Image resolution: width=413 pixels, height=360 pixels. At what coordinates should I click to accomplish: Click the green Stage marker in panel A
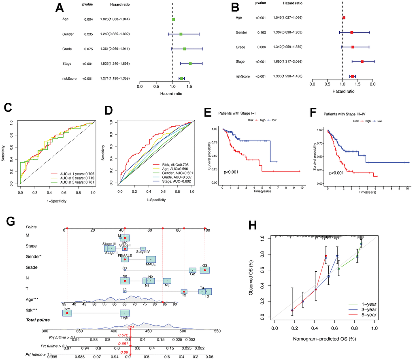click(190, 64)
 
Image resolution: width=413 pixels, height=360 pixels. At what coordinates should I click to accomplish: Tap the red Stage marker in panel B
click(362, 62)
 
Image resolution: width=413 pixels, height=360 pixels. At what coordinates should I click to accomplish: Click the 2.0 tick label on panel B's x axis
click(373, 85)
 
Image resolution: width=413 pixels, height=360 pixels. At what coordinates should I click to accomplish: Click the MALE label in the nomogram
click(151, 264)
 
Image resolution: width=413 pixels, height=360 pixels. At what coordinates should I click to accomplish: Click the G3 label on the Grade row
click(205, 266)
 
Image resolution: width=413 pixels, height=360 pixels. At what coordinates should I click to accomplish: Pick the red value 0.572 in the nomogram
click(123, 335)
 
